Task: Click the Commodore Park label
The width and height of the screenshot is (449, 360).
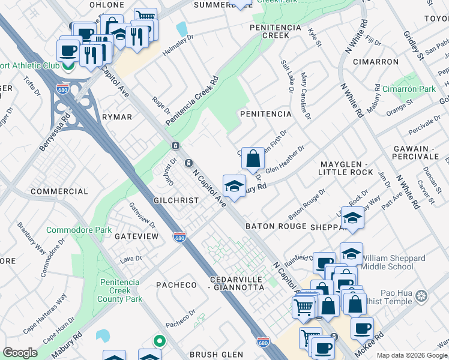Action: [79, 230]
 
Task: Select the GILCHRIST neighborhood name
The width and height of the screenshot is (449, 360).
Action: [176, 200]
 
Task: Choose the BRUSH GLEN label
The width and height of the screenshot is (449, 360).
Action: [215, 354]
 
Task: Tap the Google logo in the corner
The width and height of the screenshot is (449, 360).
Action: [20, 353]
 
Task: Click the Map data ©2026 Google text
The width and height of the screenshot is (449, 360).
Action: [412, 355]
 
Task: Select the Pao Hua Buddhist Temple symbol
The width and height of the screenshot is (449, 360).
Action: [422, 296]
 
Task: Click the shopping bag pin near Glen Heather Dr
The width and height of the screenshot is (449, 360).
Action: [253, 160]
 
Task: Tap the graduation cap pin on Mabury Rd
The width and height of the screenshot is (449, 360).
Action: [234, 185]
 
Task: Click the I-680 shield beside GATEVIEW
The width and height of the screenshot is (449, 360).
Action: [179, 237]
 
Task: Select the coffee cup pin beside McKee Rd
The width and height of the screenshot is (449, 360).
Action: [362, 329]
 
